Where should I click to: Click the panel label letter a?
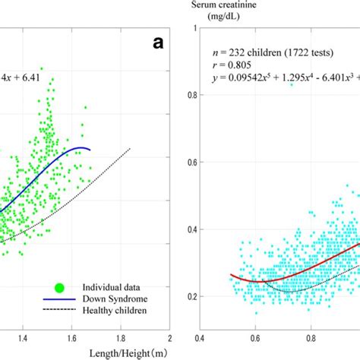coord(157,43)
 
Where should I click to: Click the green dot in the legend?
coord(58,287)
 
